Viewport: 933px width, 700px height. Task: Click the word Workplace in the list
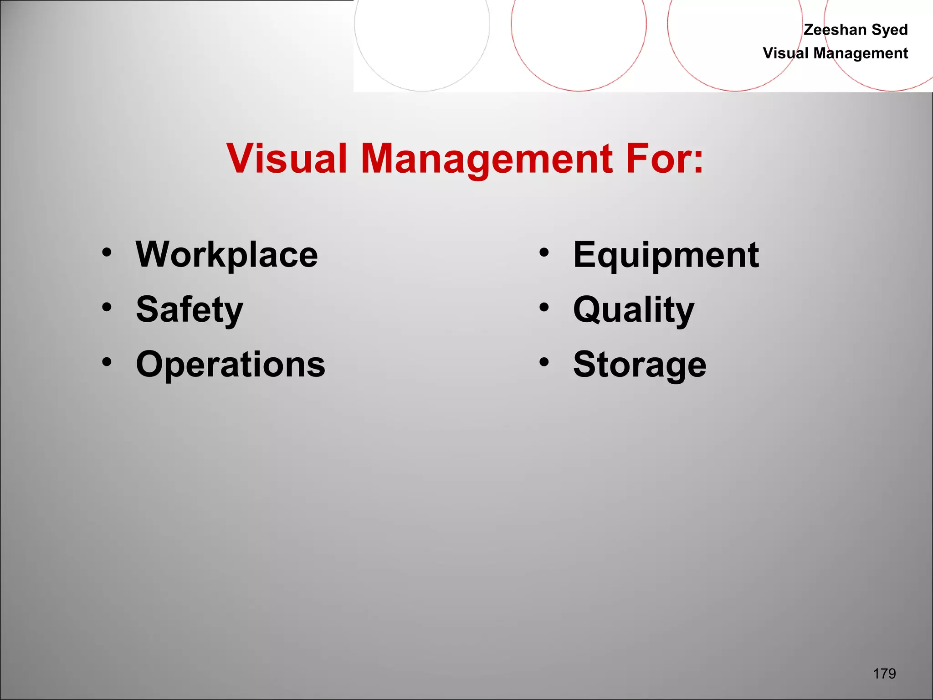pyautogui.click(x=227, y=255)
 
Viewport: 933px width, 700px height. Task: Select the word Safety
pyautogui.click(x=190, y=310)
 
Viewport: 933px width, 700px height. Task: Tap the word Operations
pyautogui.click(x=231, y=365)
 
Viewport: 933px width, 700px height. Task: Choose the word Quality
pyautogui.click(x=634, y=310)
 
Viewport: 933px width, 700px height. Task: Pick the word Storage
pyautogui.click(x=640, y=365)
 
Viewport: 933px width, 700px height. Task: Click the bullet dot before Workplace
pyautogui.click(x=107, y=252)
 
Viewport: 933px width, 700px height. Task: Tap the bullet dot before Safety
pyautogui.click(x=107, y=307)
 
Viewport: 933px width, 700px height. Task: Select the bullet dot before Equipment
pyautogui.click(x=544, y=252)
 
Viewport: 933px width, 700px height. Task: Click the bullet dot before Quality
pyautogui.click(x=544, y=307)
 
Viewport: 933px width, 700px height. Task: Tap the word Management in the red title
pyautogui.click(x=487, y=160)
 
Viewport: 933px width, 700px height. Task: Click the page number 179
pyautogui.click(x=884, y=674)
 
